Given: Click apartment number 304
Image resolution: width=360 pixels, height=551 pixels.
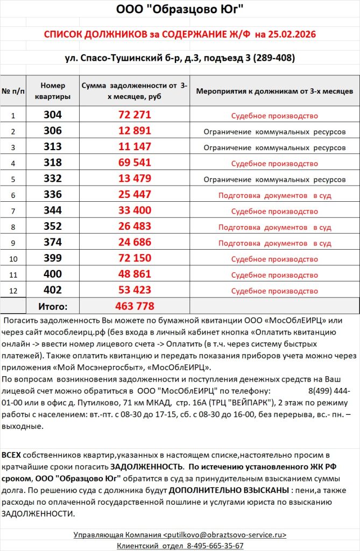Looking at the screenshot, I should tap(53, 115).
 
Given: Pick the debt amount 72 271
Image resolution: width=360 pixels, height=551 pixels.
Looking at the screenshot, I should tap(135, 115).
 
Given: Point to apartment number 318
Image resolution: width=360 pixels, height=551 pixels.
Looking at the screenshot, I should tap(53, 163).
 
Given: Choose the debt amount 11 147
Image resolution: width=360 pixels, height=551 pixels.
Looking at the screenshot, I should tap(135, 146).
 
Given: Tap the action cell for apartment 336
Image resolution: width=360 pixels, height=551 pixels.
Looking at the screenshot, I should tap(274, 195).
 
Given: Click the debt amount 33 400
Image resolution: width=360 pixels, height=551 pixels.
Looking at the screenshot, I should tap(135, 211).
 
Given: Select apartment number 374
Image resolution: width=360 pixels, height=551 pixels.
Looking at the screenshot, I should tap(53, 243).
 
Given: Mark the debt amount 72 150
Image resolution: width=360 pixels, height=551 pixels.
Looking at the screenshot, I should tap(135, 259).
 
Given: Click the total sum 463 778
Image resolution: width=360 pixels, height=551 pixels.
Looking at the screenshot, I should tap(135, 307).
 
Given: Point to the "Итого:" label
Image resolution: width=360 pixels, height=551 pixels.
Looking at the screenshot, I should tap(53, 307).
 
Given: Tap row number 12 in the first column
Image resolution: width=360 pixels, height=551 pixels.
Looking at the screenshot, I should tap(13, 291).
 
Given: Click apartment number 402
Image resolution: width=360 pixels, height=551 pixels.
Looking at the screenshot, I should tap(53, 291).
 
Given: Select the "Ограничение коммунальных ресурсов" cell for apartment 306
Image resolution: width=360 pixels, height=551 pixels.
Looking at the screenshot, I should tap(274, 131).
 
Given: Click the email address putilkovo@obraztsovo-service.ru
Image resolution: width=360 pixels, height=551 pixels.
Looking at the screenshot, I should tap(224, 534).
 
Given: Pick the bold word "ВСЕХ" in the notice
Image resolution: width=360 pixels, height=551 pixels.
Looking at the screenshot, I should tap(12, 455).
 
